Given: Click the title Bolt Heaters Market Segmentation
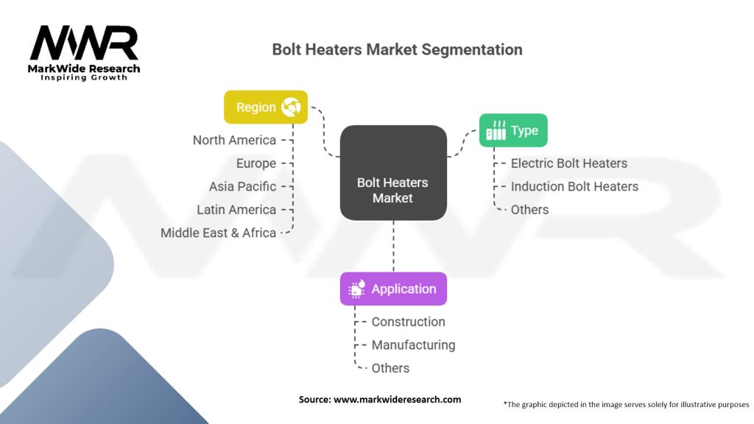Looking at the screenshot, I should pyautogui.click(x=397, y=49).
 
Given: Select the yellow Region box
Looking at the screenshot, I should pyautogui.click(x=265, y=107).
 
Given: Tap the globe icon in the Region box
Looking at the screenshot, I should pyautogui.click(x=290, y=107).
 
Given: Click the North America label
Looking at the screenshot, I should pyautogui.click(x=234, y=140).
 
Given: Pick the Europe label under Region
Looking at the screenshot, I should pyautogui.click(x=256, y=163).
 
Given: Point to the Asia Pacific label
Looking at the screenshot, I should pyautogui.click(x=242, y=186).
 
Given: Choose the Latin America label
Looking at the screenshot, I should pyautogui.click(x=236, y=210).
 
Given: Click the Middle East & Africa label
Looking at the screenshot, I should pyautogui.click(x=218, y=233).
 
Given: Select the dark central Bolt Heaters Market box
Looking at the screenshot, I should pyautogui.click(x=392, y=172).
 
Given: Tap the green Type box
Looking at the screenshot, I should pyautogui.click(x=513, y=130).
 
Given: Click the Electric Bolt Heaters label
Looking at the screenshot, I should pyautogui.click(x=568, y=163).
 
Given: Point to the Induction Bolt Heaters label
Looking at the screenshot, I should pyautogui.click(x=574, y=186).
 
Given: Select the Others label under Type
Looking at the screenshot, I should pyautogui.click(x=529, y=210).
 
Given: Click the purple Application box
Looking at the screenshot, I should pyautogui.click(x=392, y=289).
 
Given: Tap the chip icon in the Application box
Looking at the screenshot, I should pyautogui.click(x=356, y=289).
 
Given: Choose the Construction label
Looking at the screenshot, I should pyautogui.click(x=408, y=322).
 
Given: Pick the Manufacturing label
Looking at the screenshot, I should pyautogui.click(x=413, y=344).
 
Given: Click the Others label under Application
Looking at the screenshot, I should pyautogui.click(x=390, y=368).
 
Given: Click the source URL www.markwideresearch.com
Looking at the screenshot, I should pyautogui.click(x=398, y=400).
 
